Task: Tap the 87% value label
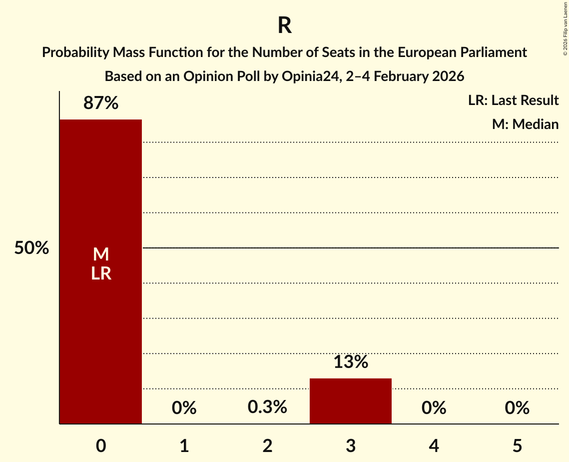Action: [100, 103]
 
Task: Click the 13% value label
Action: [350, 362]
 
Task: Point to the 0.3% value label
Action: [267, 407]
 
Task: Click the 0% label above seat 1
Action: [184, 408]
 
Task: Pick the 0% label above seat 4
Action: [434, 408]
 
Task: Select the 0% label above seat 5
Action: [517, 408]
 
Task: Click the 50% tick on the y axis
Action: [31, 248]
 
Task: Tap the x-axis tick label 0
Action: [100, 445]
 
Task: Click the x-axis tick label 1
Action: [184, 445]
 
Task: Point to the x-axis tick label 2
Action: [267, 445]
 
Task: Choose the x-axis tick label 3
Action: [350, 445]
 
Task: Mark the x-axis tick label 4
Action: [434, 445]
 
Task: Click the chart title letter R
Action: [284, 26]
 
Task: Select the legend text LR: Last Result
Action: [513, 100]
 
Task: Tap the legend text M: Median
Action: [525, 124]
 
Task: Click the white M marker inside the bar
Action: [100, 254]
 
